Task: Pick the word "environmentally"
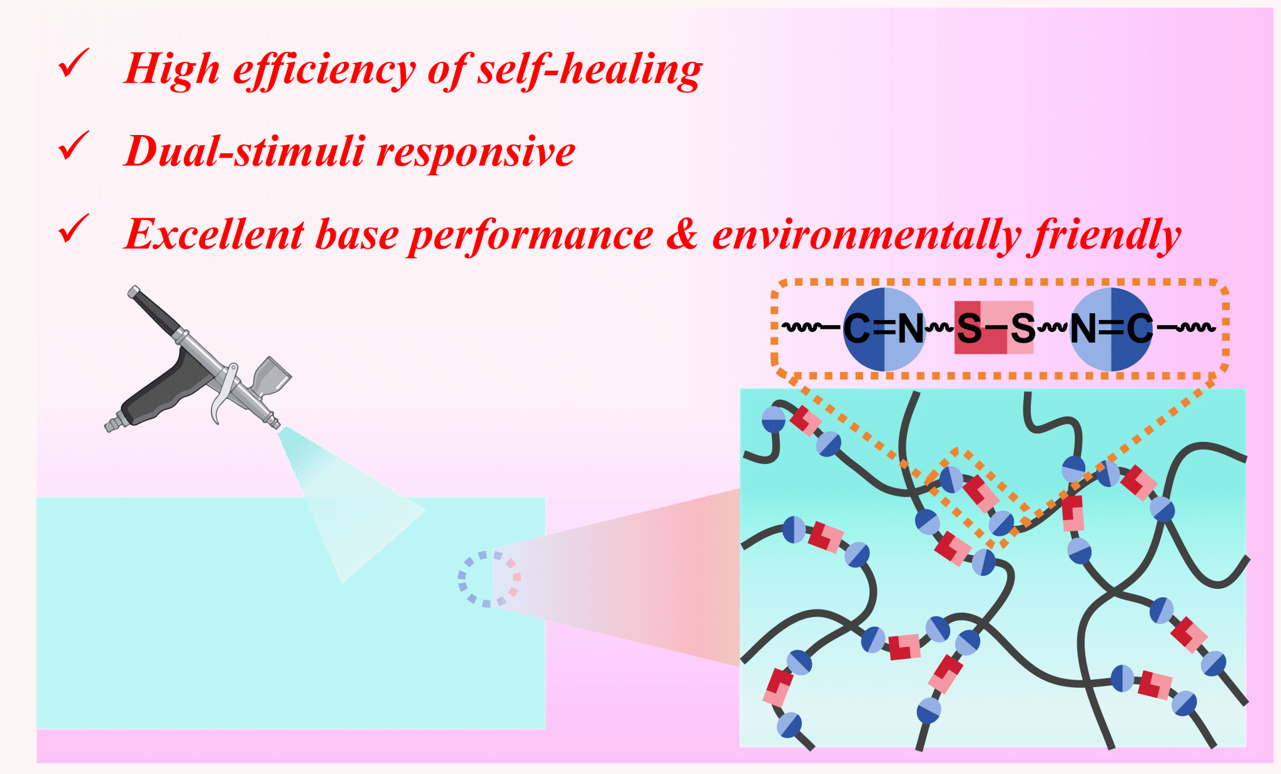click(867, 236)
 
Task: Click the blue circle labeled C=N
click(884, 329)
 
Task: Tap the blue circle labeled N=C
click(1111, 329)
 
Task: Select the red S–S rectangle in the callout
click(993, 328)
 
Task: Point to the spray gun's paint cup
click(270, 374)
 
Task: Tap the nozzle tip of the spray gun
click(276, 425)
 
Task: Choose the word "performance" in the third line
click(531, 237)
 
